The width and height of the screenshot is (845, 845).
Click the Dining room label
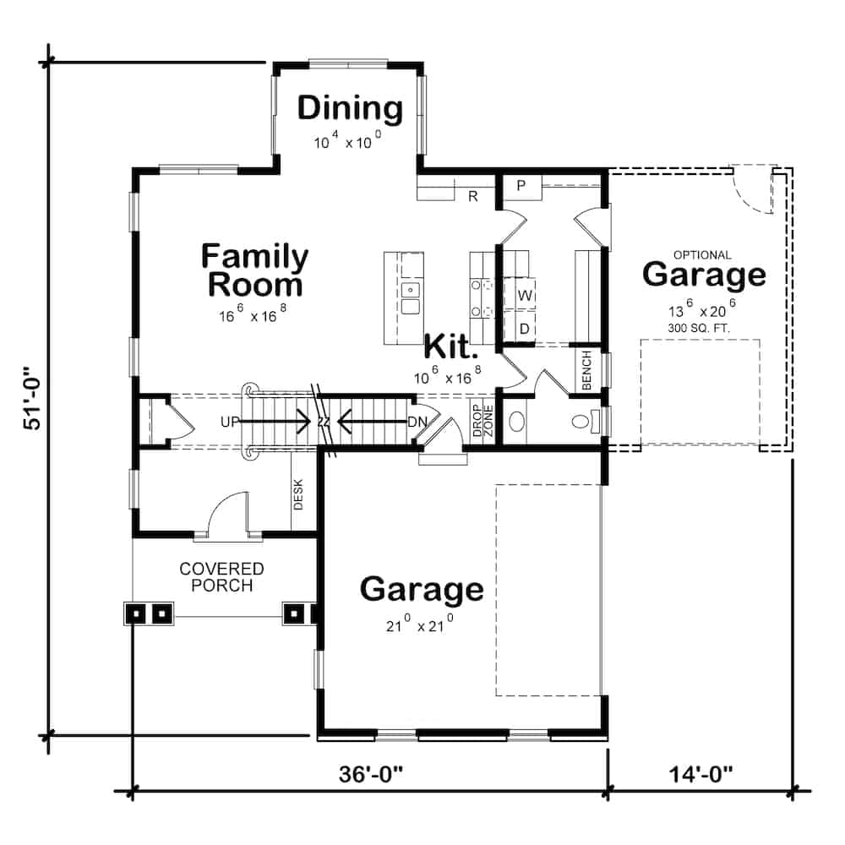pyautogui.click(x=350, y=109)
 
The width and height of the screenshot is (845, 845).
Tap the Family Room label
pyautogui.click(x=254, y=270)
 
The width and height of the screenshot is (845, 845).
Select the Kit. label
pyautogui.click(x=451, y=347)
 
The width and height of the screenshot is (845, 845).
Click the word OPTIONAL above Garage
pyautogui.click(x=702, y=255)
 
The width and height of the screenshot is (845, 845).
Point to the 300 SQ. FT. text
pyautogui.click(x=699, y=328)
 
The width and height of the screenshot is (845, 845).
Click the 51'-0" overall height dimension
pyautogui.click(x=32, y=399)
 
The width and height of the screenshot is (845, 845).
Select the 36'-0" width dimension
pyautogui.click(x=371, y=774)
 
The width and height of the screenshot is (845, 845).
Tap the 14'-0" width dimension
pyautogui.click(x=701, y=774)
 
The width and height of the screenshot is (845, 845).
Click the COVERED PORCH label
pyautogui.click(x=221, y=577)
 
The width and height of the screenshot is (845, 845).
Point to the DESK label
pyautogui.click(x=298, y=494)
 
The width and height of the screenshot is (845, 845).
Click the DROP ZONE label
pyautogui.click(x=482, y=421)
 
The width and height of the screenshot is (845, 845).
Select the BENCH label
pyautogui.click(x=587, y=370)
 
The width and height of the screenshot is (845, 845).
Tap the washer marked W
pyautogui.click(x=525, y=295)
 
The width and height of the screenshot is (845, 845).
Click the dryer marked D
pyautogui.click(x=525, y=328)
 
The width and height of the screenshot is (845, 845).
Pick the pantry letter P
pyautogui.click(x=521, y=185)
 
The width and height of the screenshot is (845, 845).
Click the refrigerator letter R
pyautogui.click(x=472, y=196)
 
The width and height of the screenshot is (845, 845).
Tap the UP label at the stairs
pyautogui.click(x=230, y=422)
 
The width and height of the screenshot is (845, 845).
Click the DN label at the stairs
pyautogui.click(x=417, y=422)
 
